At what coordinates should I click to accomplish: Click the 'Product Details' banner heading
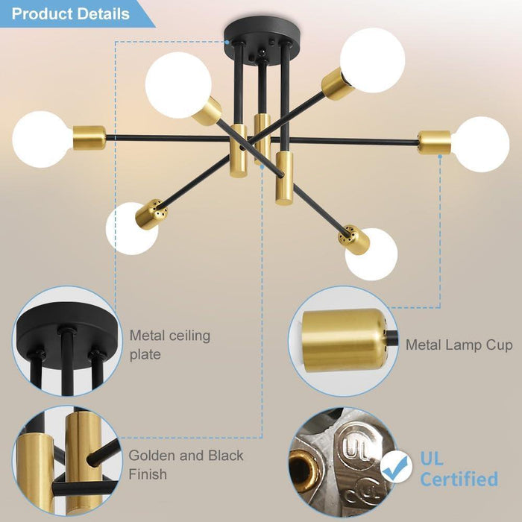coord(71,13)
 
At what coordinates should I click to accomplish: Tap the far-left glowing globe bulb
coord(41,139)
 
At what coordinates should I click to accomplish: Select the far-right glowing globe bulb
coord(482,144)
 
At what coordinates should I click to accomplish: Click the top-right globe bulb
coord(373,60)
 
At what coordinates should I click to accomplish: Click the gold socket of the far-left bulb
coord(89,138)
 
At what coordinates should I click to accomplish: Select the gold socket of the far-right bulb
coord(435,142)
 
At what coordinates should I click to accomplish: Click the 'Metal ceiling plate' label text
coord(170,345)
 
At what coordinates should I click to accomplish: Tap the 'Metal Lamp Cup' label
coord(459,345)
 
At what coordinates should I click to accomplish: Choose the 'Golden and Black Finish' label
coord(186,464)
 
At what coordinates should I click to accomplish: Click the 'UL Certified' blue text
coord(458,468)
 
